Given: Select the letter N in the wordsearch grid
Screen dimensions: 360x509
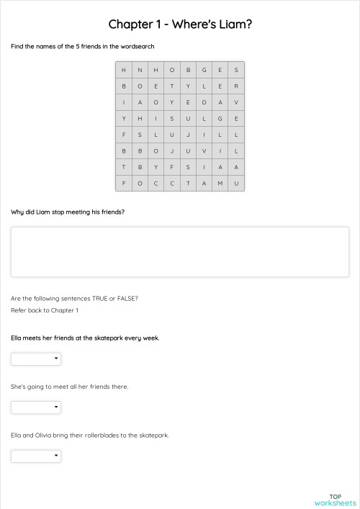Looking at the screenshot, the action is coord(140,70).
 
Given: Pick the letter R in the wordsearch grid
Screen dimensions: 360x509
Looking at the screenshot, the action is coord(236,86).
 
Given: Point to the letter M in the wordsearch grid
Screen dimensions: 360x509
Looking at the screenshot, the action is coord(220,183).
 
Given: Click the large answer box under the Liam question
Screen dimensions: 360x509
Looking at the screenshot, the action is coord(180,252).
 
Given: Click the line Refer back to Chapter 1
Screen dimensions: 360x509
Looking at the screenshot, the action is coord(45,310).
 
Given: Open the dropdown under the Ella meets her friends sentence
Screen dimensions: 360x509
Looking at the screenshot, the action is coord(36,359).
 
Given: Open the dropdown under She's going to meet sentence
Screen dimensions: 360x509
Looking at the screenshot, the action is coord(36,407).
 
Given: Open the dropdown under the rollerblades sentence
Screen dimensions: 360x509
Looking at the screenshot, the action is coord(36,456).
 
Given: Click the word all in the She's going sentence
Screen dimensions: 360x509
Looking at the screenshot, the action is coord(71,387).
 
